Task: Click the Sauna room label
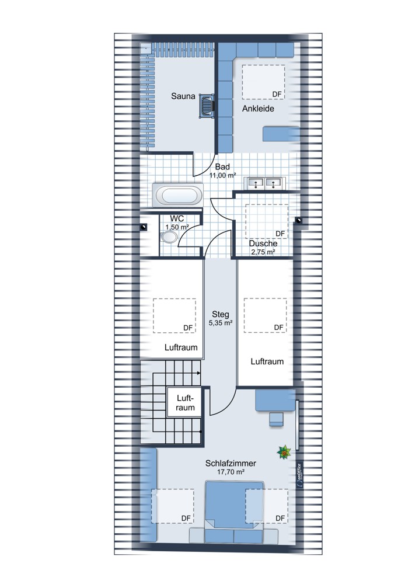click(183, 96)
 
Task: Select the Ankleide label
click(258, 109)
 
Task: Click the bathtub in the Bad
click(178, 195)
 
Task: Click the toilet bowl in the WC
click(169, 237)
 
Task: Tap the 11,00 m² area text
click(222, 175)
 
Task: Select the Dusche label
click(263, 244)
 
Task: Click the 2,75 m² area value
click(263, 252)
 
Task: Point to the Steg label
click(221, 314)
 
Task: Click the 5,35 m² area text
click(221, 323)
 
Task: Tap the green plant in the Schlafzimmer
click(284, 453)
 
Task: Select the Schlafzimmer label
click(231, 464)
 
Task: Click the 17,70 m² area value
click(231, 472)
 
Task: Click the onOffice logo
click(299, 475)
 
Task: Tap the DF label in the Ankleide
click(277, 95)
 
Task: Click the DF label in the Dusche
click(280, 234)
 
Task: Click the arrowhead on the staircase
click(199, 373)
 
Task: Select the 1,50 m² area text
click(177, 227)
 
